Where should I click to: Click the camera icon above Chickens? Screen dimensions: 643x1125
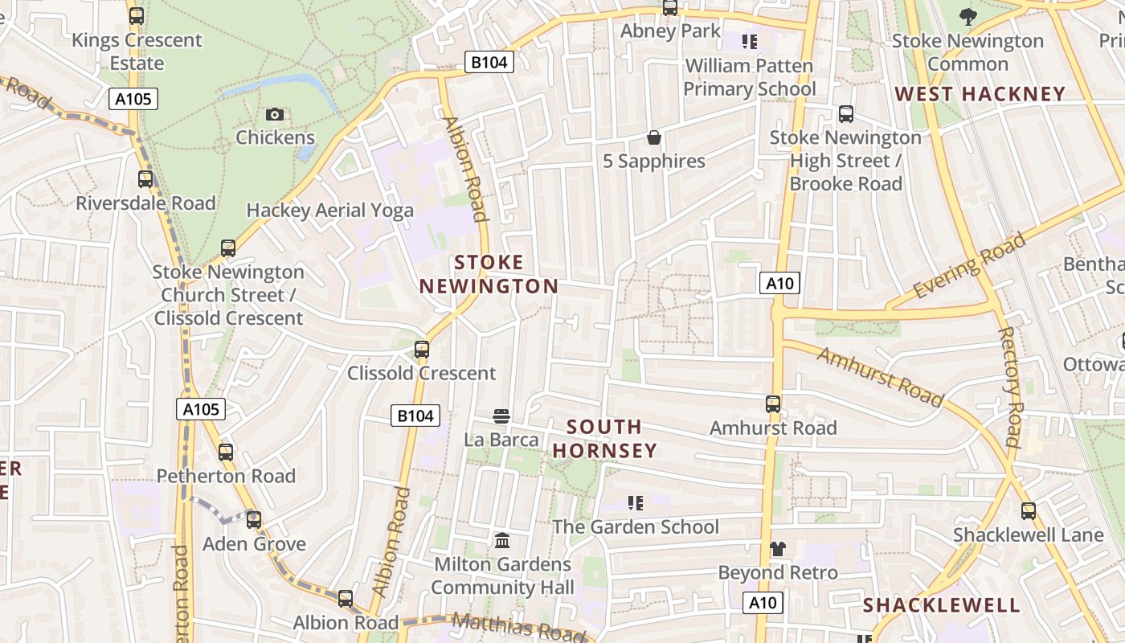point(275,115)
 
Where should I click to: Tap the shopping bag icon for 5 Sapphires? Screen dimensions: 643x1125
point(654,137)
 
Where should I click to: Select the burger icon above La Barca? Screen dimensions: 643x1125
point(501,416)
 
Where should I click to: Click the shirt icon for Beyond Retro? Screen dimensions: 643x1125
point(777,549)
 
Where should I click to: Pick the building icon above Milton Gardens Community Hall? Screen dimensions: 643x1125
point(502,540)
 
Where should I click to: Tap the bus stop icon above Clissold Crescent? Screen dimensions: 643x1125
point(421,350)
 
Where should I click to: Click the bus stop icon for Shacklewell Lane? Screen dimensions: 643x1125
point(1028,510)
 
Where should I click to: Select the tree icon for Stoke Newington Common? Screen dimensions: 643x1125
point(967,16)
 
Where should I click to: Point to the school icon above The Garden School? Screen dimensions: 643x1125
point(636,503)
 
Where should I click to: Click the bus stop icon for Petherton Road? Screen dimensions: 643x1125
point(226,453)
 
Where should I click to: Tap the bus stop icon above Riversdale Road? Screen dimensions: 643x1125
point(145,179)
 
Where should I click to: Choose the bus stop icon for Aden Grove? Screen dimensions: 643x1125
point(254,520)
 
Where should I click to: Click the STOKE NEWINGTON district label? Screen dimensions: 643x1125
point(489,274)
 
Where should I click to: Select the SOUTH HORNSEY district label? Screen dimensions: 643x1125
point(605,438)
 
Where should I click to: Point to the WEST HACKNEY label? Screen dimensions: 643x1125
point(980,94)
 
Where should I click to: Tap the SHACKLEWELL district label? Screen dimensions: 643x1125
point(941,605)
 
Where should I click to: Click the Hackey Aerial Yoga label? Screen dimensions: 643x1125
point(329,211)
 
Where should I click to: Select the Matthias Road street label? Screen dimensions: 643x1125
point(518,626)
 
